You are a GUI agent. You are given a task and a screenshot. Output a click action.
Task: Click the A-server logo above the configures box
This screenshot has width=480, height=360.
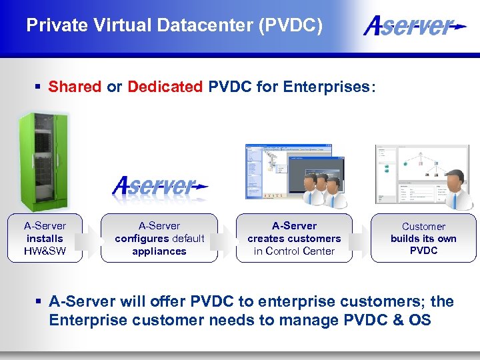(160, 186)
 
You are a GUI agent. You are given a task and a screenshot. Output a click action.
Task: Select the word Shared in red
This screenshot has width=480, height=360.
(75, 87)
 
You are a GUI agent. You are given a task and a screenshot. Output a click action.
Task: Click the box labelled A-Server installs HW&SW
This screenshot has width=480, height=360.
(45, 238)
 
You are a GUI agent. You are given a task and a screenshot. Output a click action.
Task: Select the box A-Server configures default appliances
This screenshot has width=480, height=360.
(159, 238)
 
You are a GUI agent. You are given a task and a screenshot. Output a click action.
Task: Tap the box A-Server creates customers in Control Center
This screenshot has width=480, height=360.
(294, 238)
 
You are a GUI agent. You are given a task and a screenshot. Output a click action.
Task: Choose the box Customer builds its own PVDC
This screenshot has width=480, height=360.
(423, 238)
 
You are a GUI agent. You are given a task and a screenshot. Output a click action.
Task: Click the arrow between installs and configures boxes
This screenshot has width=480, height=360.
(91, 238)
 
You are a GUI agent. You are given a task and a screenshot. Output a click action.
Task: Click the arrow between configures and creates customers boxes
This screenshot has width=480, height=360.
(227, 238)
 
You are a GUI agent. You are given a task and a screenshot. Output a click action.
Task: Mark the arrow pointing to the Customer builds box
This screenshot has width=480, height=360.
(361, 238)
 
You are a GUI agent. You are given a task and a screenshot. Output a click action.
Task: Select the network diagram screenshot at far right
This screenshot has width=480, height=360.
(413, 173)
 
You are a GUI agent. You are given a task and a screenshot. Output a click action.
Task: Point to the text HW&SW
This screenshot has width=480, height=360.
(45, 251)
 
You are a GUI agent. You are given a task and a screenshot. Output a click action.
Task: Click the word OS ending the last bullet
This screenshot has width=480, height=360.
(420, 320)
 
